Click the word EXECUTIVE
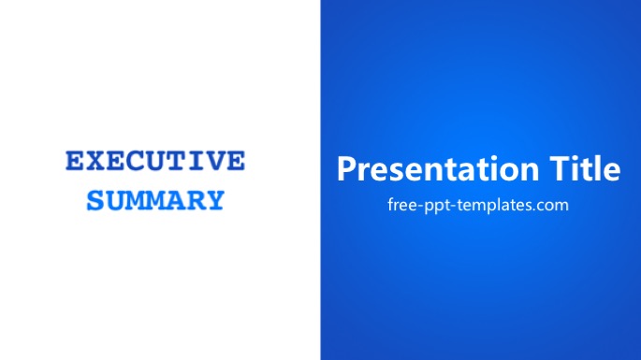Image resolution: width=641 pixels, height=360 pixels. (x=155, y=161)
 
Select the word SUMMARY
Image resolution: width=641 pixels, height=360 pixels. (x=155, y=200)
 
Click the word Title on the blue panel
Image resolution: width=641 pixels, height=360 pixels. (x=585, y=168)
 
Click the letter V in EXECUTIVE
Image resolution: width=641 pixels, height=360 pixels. (x=215, y=161)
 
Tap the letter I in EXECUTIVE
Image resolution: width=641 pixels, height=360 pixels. (x=197, y=161)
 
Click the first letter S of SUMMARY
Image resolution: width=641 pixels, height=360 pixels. (x=95, y=200)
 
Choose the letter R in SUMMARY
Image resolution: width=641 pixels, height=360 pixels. (x=195, y=200)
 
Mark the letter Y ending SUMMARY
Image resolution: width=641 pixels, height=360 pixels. (x=214, y=200)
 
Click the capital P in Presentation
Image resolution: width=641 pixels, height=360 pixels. (x=346, y=168)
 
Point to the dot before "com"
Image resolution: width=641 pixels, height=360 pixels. (x=532, y=209)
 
